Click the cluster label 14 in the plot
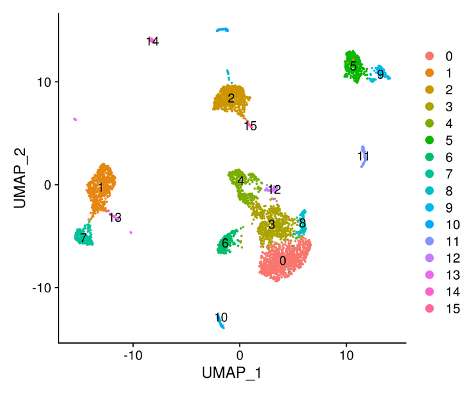(x=153, y=41)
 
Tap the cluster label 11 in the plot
(x=363, y=156)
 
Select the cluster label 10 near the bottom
(x=221, y=317)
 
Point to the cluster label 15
(x=250, y=126)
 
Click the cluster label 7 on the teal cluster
(x=84, y=238)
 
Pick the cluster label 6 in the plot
(x=225, y=243)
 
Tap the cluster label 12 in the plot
(x=275, y=190)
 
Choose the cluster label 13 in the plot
(x=115, y=217)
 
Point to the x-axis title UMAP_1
(x=232, y=373)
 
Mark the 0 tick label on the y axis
(x=47, y=185)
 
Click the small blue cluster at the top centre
(x=223, y=30)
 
